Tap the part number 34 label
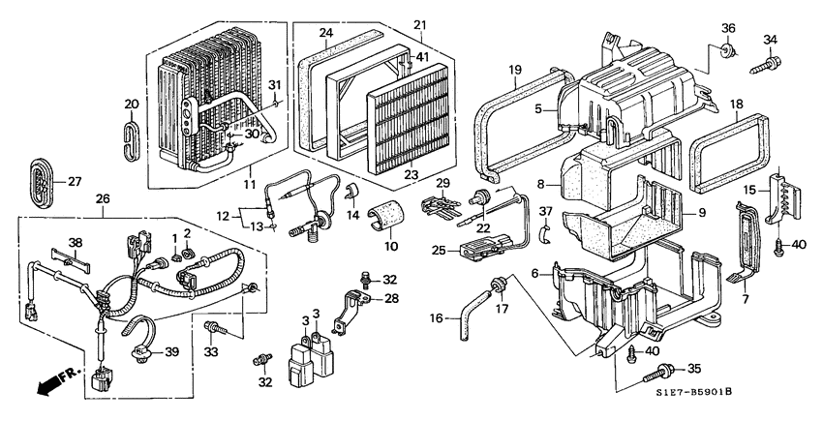(771, 40)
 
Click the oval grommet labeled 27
(39, 182)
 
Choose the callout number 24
(326, 33)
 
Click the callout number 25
(440, 251)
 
